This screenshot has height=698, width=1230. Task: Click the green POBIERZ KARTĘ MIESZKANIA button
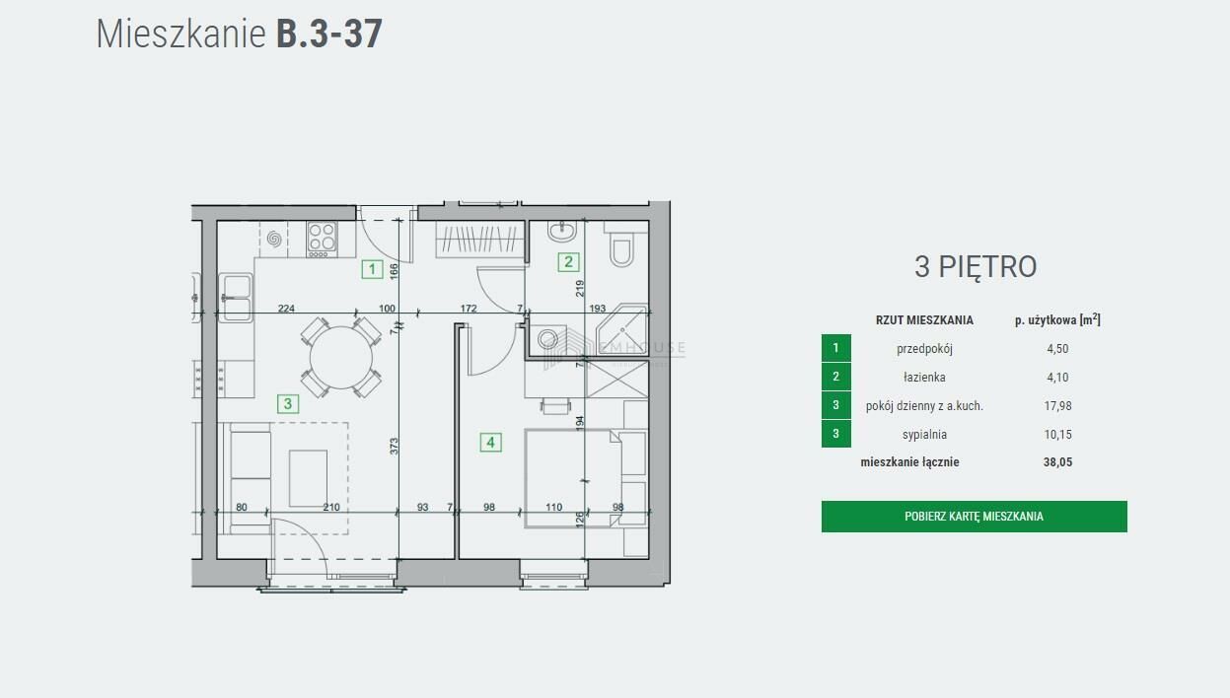click(x=975, y=517)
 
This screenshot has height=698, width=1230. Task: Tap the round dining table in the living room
click(x=341, y=357)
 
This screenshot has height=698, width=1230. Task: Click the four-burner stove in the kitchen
click(x=322, y=240)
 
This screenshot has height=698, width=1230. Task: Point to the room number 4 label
click(x=490, y=443)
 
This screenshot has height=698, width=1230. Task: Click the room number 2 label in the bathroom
click(x=568, y=262)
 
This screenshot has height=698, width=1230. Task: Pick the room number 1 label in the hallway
click(x=372, y=269)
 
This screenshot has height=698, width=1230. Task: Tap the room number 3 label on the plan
click(x=288, y=404)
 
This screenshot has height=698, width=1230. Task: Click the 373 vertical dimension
click(x=394, y=446)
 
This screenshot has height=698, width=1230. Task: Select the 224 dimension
click(x=286, y=309)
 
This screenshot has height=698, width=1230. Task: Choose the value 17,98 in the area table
click(x=1057, y=405)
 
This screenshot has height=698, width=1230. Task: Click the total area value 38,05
click(x=1057, y=462)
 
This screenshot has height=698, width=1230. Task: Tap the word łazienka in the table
click(x=924, y=377)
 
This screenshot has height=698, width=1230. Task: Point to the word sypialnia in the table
click(x=924, y=435)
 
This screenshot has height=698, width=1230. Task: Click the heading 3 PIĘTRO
click(x=976, y=267)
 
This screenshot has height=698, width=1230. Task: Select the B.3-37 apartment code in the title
click(x=328, y=35)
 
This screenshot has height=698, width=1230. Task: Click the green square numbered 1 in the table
click(x=835, y=348)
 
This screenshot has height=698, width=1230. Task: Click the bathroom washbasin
click(x=562, y=231)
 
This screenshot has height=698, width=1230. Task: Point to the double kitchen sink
click(x=236, y=298)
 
